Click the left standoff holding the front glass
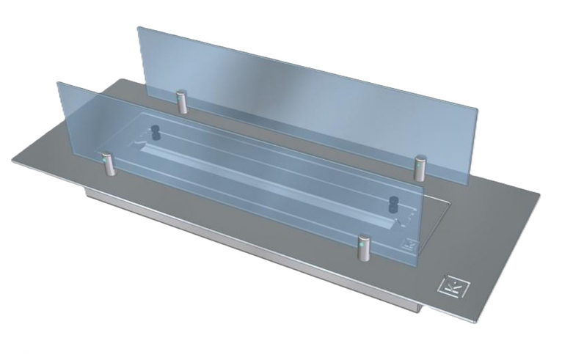coord(108,165)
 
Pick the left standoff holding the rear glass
coord(180,102)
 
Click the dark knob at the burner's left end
coord(155,133)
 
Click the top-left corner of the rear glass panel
coord(139,27)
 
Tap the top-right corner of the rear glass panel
coord(478,111)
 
